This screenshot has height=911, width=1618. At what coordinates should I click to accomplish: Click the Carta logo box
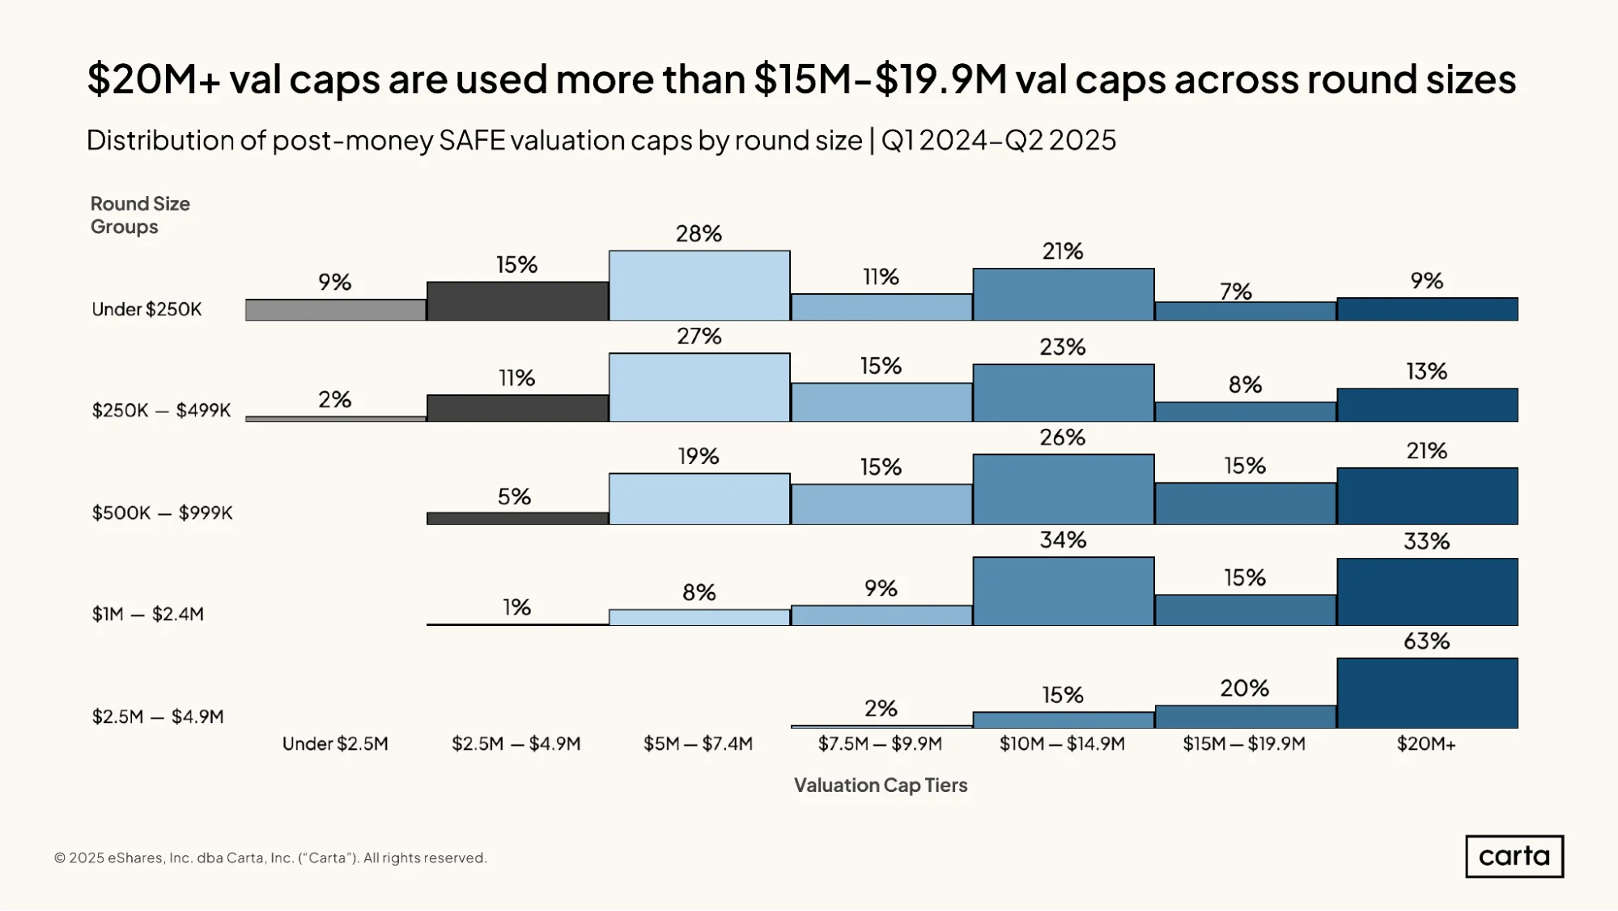click(1514, 856)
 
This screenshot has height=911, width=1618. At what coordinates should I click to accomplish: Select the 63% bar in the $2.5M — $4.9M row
click(1427, 693)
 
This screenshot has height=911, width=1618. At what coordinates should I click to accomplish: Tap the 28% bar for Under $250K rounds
click(699, 286)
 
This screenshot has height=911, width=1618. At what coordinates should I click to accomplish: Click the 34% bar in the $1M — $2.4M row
click(1064, 591)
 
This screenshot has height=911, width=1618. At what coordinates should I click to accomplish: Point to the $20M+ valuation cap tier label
click(1426, 743)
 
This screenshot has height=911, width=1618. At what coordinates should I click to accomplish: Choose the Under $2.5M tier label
click(335, 743)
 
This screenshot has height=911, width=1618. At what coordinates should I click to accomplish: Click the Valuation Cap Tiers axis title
click(881, 785)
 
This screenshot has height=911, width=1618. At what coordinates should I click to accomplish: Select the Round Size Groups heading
click(140, 215)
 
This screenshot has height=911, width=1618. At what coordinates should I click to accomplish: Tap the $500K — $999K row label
click(162, 513)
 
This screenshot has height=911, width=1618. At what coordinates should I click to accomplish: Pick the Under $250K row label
click(147, 309)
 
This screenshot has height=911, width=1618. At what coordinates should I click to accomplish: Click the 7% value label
click(1236, 291)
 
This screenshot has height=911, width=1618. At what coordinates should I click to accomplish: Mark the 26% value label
click(1063, 437)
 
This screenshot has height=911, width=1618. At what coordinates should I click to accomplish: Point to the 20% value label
click(1245, 688)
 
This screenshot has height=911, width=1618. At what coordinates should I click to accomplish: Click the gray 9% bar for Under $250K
click(336, 310)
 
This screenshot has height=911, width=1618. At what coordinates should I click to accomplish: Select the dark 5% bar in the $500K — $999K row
click(518, 518)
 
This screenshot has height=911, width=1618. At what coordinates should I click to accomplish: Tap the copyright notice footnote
click(270, 858)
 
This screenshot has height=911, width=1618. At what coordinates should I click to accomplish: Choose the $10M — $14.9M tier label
click(1062, 743)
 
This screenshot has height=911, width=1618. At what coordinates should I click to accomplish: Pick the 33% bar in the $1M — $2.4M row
click(1427, 592)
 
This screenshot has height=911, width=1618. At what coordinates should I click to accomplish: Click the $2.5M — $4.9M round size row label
click(158, 717)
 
